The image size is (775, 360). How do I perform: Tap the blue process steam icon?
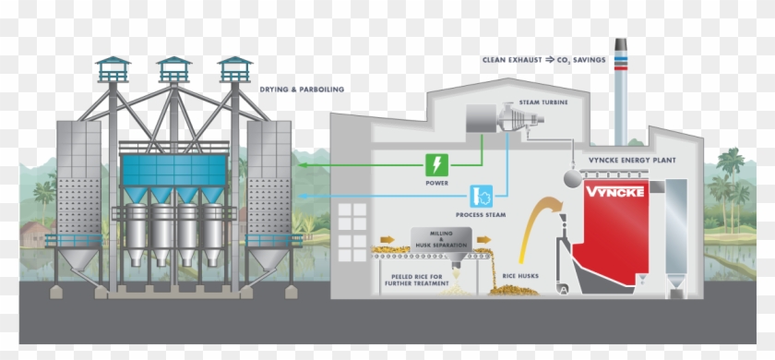click(x=482, y=196)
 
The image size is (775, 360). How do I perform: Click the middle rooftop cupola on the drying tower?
click(x=173, y=67)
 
